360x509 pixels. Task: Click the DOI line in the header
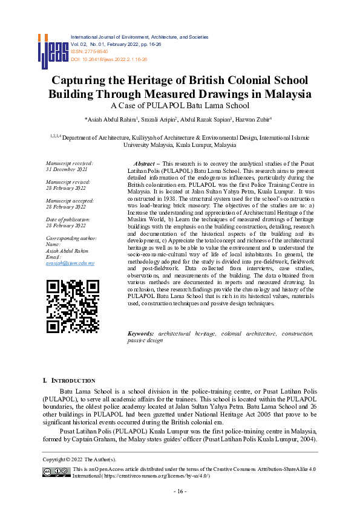point(110,59)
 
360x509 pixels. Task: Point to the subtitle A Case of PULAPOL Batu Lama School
point(180,106)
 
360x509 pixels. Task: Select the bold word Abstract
point(143,164)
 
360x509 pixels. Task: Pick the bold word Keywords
point(140,334)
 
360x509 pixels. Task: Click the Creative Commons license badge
point(56,472)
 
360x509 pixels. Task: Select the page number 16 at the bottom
point(180,491)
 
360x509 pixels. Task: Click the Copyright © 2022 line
point(83,461)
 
